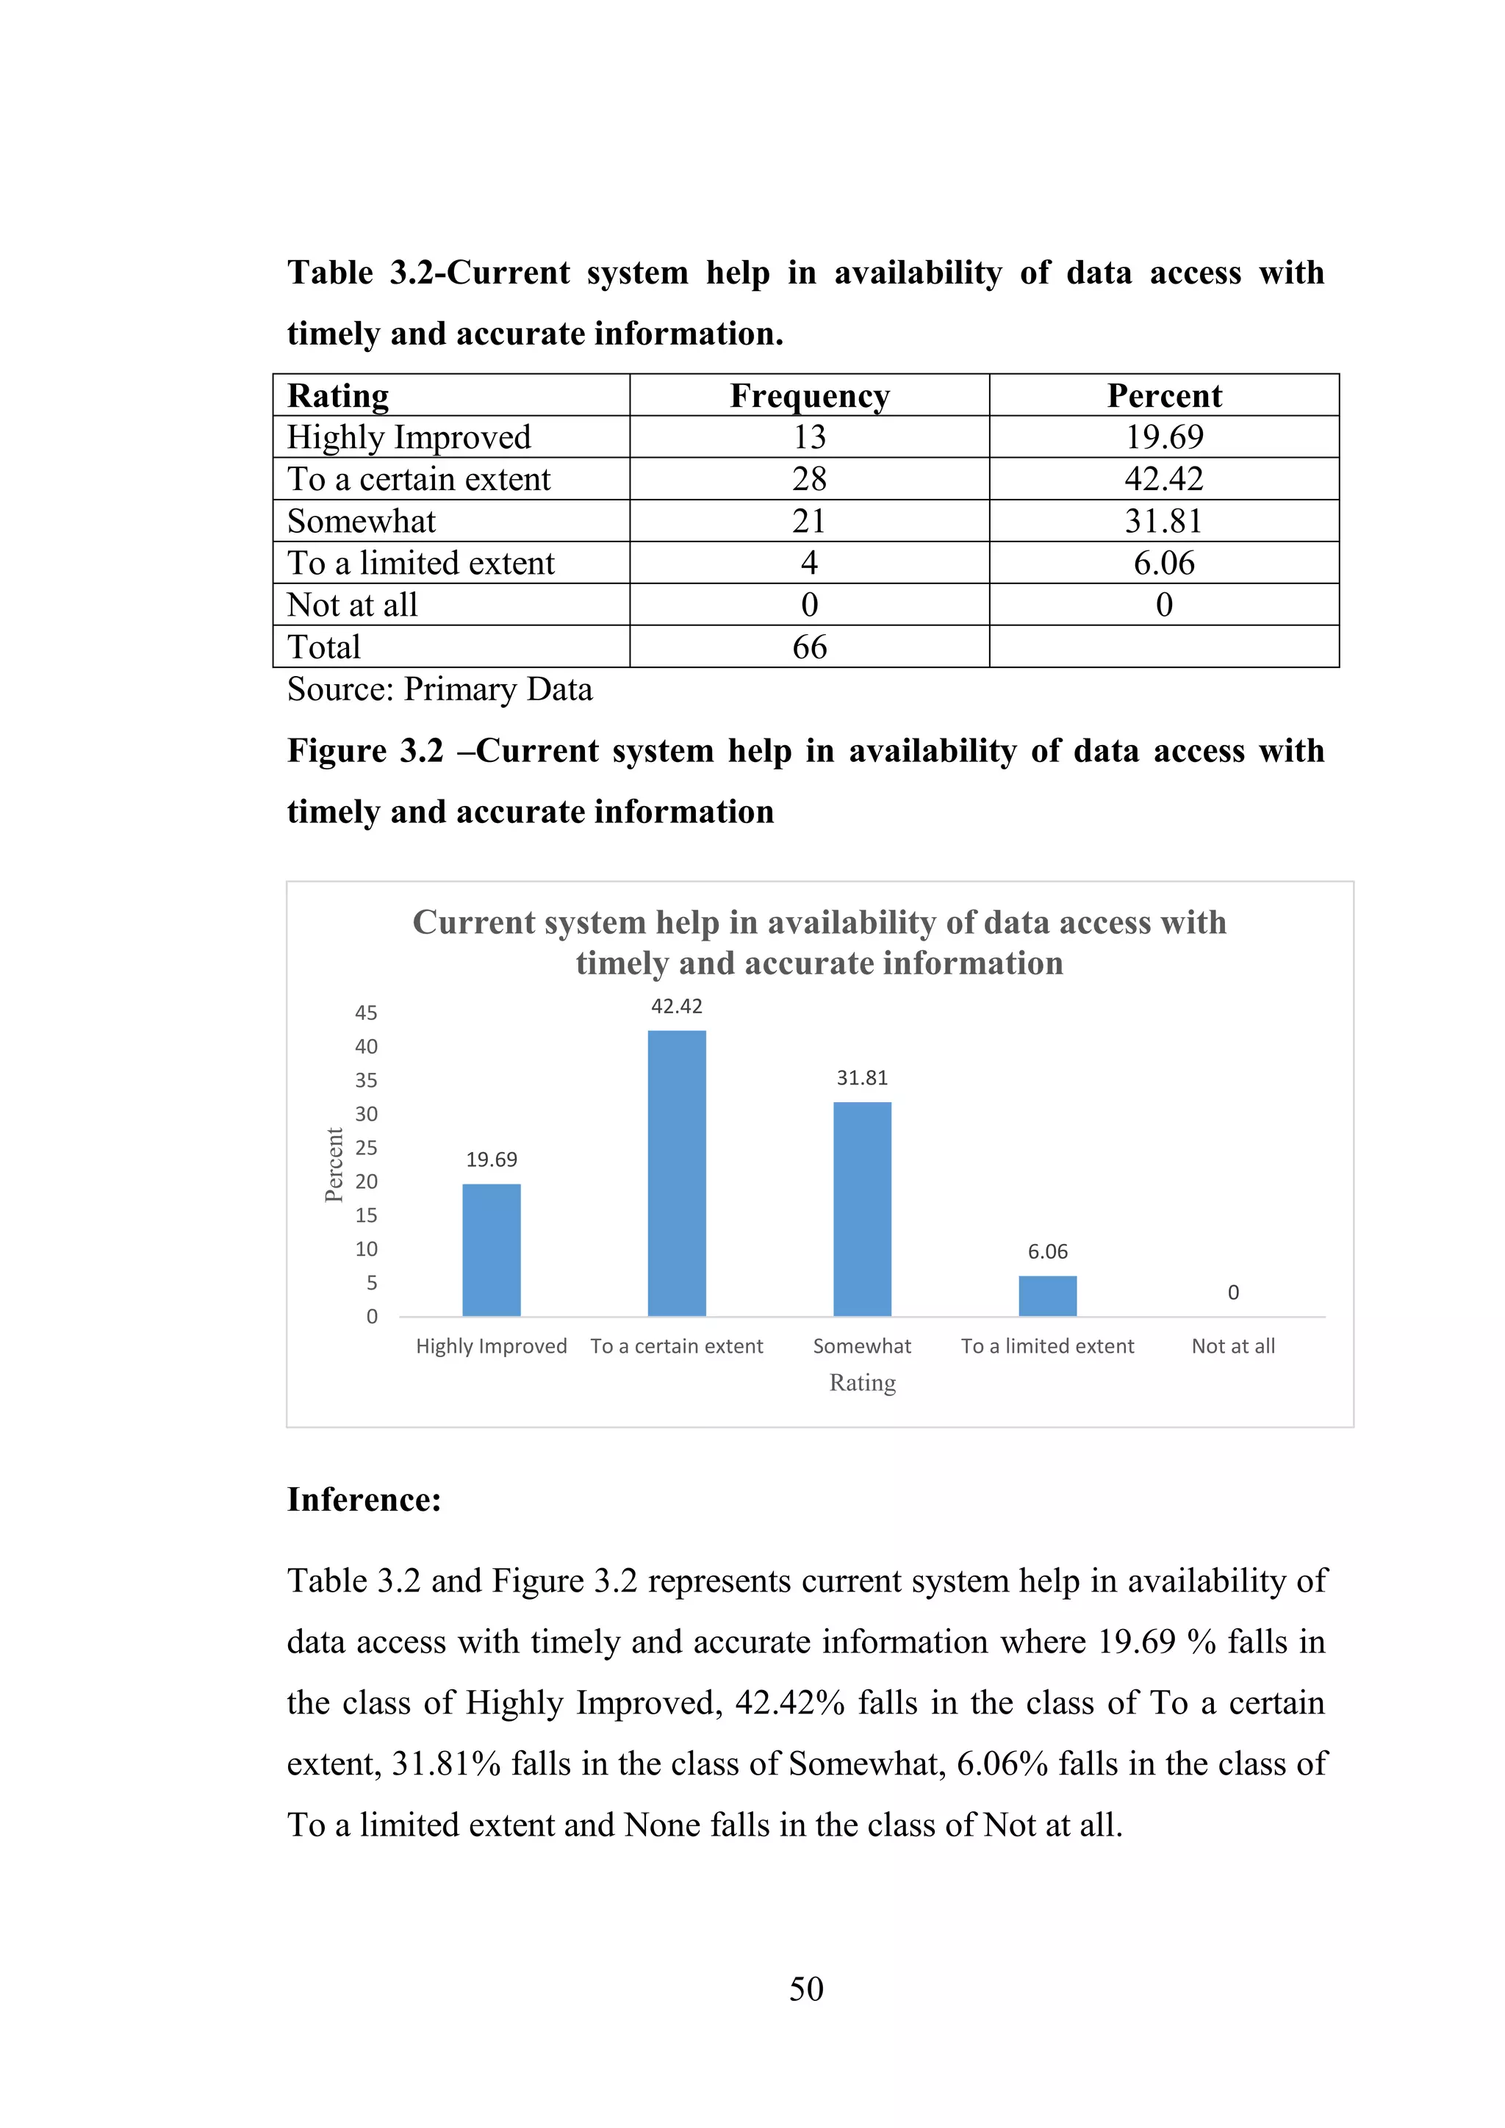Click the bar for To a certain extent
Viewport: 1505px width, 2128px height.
(677, 1173)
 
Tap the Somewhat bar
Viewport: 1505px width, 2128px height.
(862, 1209)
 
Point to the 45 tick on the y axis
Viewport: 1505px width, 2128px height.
(366, 1013)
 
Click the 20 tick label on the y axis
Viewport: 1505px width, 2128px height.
(366, 1182)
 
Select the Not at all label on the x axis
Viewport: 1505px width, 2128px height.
(1232, 1345)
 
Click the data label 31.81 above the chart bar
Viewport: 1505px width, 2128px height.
(862, 1078)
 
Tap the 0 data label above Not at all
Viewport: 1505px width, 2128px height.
(1232, 1292)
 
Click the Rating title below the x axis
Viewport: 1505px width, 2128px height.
(862, 1383)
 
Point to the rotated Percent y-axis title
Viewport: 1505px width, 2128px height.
(334, 1165)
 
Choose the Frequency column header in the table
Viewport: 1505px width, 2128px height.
(809, 396)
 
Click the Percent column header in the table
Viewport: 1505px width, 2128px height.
(1164, 396)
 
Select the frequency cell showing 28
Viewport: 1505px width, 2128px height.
(809, 479)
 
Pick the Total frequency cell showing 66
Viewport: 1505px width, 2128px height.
(809, 647)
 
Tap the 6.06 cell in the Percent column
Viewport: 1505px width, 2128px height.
(1164, 563)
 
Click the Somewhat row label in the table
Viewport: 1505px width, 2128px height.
(362, 521)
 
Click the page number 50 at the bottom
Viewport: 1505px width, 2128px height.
(806, 1989)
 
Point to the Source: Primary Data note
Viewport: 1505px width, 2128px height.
(439, 689)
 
